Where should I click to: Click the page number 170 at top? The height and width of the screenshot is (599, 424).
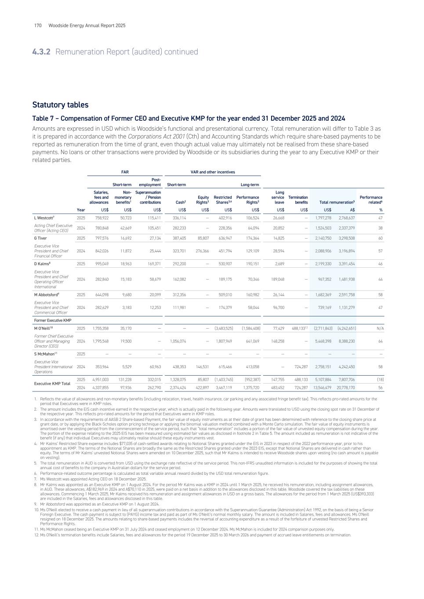point(38,25)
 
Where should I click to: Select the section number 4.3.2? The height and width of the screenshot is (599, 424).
point(41,52)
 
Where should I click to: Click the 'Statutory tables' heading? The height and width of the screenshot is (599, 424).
point(60,105)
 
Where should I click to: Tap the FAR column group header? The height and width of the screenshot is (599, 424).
point(125,172)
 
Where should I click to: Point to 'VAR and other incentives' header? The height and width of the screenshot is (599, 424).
point(213,172)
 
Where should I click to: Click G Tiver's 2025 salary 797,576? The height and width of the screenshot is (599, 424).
point(99,238)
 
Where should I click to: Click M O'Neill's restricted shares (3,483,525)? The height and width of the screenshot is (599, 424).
point(223,328)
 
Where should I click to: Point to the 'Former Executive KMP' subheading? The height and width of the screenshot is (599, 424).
point(52,320)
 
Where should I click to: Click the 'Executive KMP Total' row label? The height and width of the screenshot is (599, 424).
point(52,383)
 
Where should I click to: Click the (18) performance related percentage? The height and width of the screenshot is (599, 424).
point(380,379)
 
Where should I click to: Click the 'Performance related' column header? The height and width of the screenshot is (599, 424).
point(371,200)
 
